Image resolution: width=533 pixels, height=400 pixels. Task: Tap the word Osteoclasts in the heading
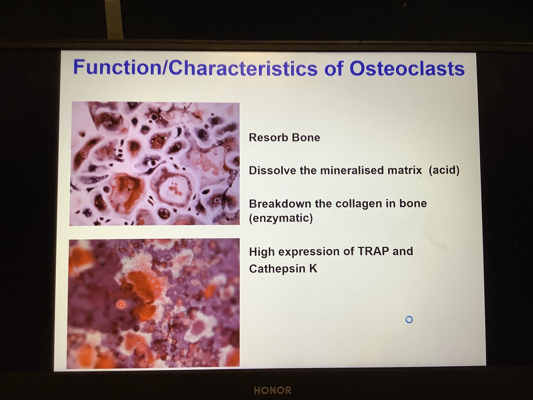(x=407, y=68)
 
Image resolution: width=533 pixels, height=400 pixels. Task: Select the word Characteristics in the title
(x=243, y=68)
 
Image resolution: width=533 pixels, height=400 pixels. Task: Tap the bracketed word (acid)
(x=444, y=170)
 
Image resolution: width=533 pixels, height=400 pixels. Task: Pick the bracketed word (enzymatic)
(x=281, y=218)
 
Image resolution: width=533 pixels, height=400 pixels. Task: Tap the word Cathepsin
(x=277, y=269)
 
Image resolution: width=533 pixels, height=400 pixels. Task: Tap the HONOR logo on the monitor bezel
(x=272, y=390)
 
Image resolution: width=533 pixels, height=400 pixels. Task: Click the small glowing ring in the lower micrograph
(x=121, y=304)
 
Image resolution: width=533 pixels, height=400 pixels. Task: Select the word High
(x=262, y=252)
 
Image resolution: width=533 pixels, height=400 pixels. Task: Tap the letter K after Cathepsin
(x=313, y=269)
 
